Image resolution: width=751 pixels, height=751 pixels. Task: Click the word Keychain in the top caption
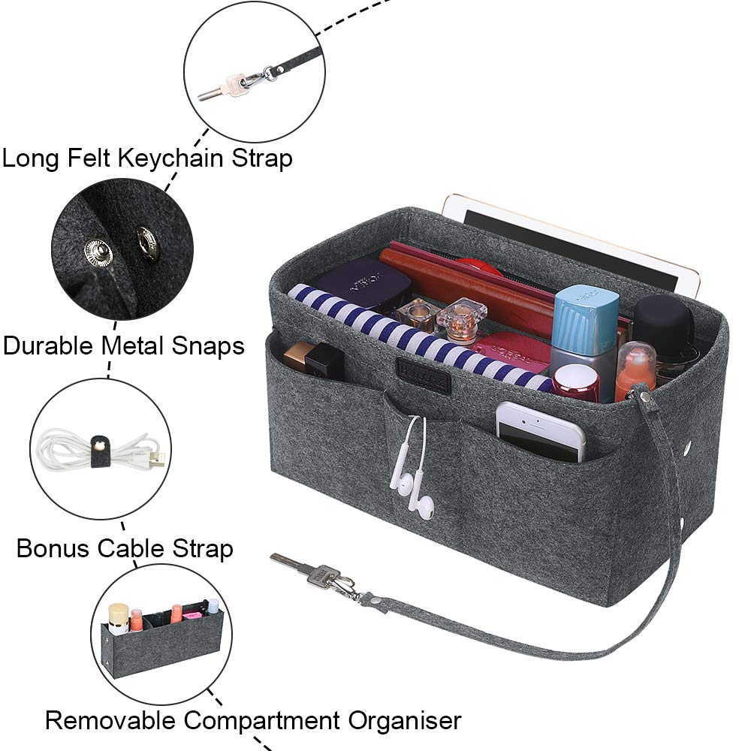(170, 158)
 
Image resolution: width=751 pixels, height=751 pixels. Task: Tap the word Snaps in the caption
(207, 345)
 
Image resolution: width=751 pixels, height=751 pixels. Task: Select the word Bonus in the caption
(53, 548)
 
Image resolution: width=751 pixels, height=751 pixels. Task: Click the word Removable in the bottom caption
(110, 720)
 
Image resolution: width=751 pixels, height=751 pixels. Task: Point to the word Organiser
(404, 720)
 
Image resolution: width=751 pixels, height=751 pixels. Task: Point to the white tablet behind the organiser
(570, 244)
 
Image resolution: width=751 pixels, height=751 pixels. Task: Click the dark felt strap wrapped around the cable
(100, 450)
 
